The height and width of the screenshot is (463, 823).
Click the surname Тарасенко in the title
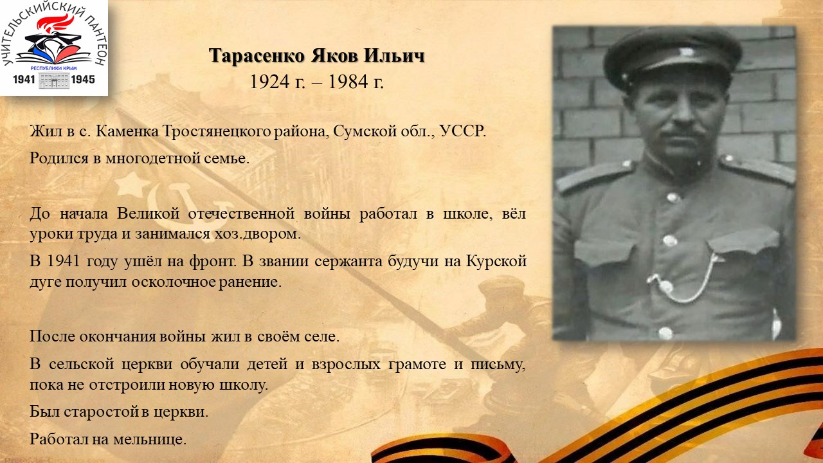(257, 56)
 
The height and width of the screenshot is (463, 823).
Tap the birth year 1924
(269, 82)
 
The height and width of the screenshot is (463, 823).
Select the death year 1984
(348, 82)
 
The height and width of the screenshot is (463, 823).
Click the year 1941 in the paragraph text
(64, 261)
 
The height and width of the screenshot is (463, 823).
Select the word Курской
(496, 261)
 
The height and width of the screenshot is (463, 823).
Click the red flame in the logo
(55, 23)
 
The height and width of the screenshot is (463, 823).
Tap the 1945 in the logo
(83, 79)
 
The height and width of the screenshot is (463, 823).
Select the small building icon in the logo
(53, 80)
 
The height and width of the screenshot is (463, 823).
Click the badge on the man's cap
(685, 52)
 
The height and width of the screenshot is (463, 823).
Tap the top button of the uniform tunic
(673, 197)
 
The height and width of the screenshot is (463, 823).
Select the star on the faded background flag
(132, 184)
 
